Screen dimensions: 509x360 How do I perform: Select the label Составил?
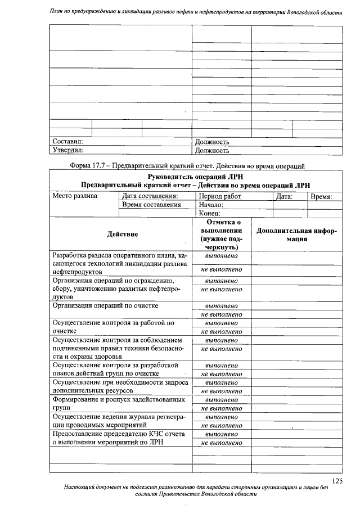pyautogui.click(x=68, y=142)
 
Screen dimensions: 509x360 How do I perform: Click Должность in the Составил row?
pyautogui.click(x=211, y=142)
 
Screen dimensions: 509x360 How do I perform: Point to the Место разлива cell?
pyautogui.click(x=75, y=196)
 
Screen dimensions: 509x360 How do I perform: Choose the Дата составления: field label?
pyautogui.click(x=150, y=196)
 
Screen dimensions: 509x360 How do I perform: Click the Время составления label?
pyautogui.click(x=151, y=205)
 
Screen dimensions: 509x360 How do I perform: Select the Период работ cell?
pyautogui.click(x=220, y=196)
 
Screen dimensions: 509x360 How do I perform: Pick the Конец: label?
pyautogui.click(x=209, y=213)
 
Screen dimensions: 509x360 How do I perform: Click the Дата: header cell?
pyautogui.click(x=284, y=196)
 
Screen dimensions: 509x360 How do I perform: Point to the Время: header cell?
pyautogui.click(x=321, y=196)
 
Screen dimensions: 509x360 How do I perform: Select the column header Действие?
pyautogui.click(x=122, y=234)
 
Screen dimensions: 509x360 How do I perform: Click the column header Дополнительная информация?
pyautogui.click(x=296, y=234)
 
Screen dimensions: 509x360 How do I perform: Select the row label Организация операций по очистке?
pyautogui.click(x=105, y=306)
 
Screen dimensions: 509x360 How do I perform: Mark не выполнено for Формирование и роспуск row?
pyautogui.click(x=221, y=408)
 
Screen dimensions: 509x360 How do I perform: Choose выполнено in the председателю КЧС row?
pyautogui.click(x=221, y=434)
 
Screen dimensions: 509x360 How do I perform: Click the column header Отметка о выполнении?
pyautogui.click(x=221, y=235)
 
